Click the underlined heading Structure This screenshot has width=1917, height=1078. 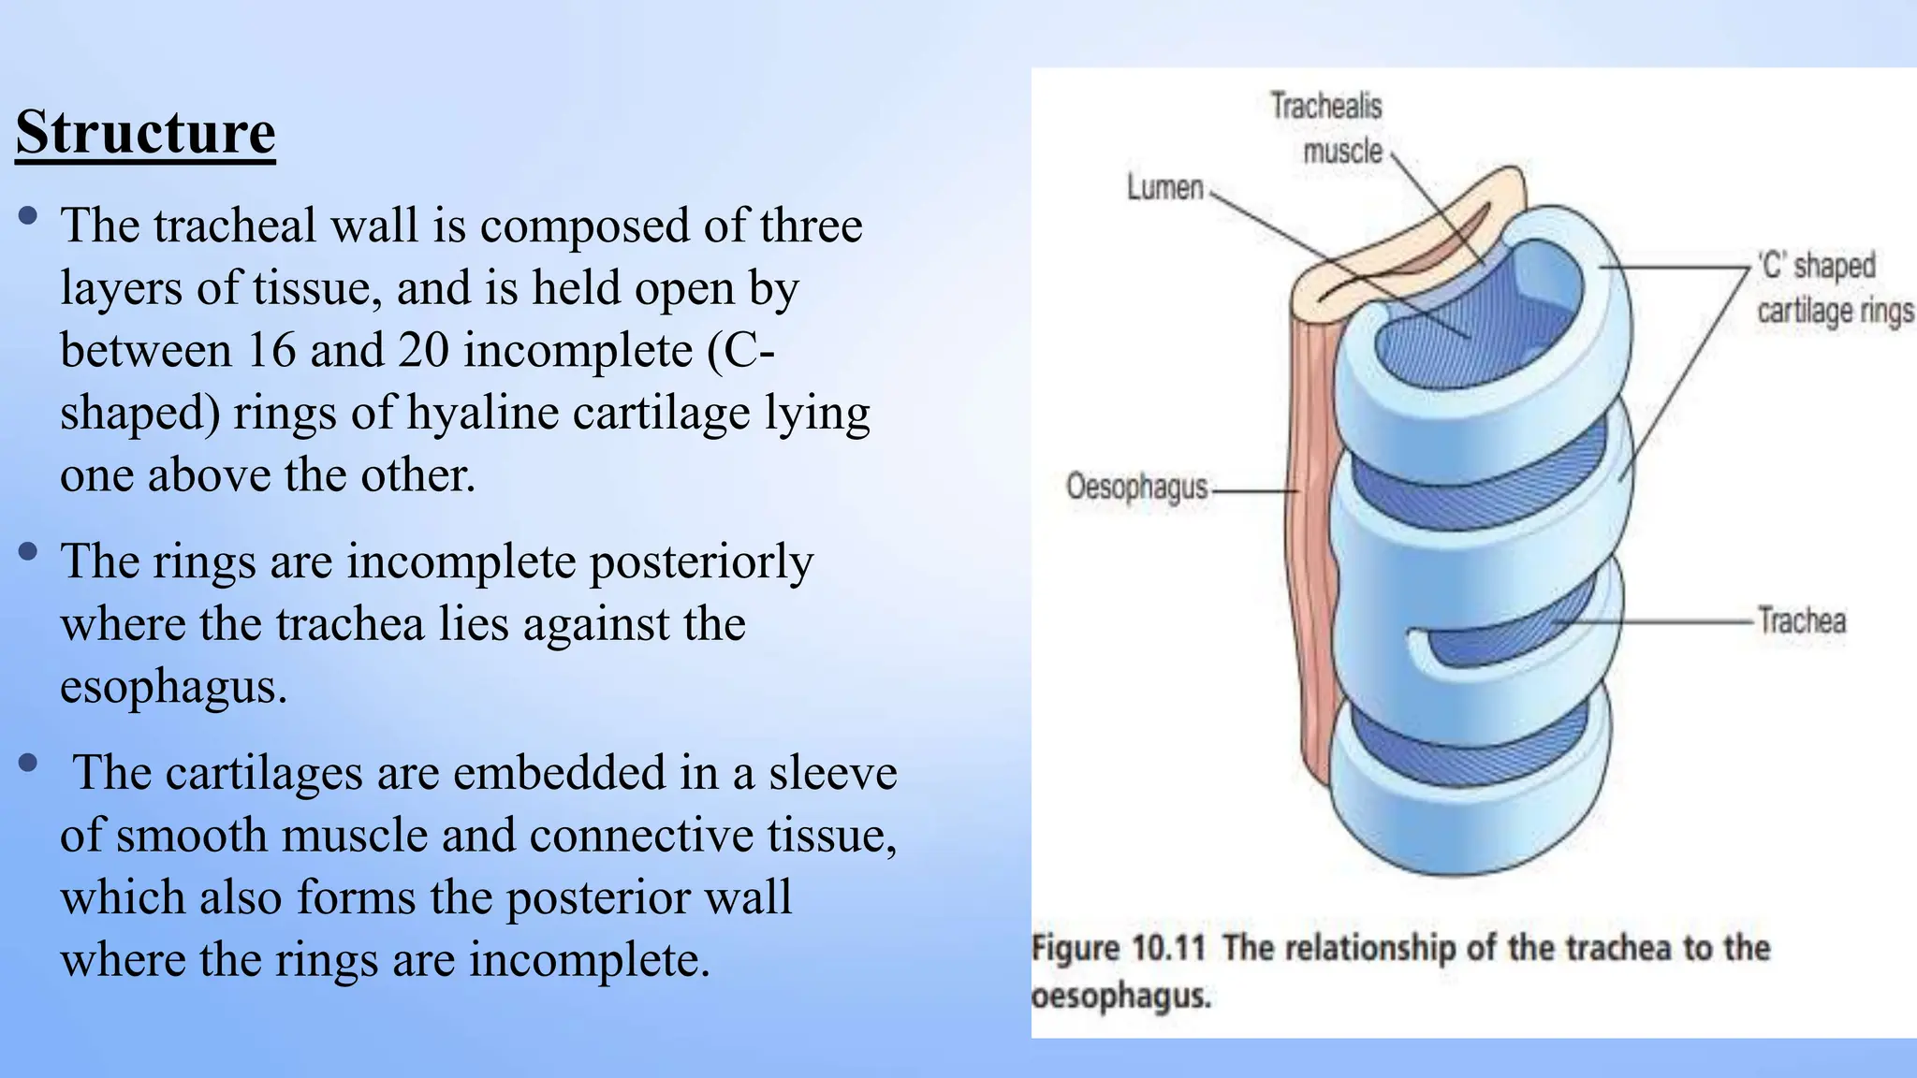145,132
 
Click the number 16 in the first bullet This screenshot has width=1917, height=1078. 271,351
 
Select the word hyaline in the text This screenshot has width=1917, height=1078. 483,413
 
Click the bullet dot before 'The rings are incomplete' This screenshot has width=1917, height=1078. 28,551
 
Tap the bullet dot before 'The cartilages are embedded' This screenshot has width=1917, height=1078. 28,763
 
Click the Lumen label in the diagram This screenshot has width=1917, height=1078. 1164,188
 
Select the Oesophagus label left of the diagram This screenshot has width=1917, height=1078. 1137,488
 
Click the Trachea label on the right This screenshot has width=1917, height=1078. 1802,621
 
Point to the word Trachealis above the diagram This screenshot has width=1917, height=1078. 1325,106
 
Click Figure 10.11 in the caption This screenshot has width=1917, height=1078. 1118,948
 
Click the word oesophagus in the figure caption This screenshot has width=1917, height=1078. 1120,997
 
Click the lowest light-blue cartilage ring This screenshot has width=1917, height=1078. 1470,823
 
